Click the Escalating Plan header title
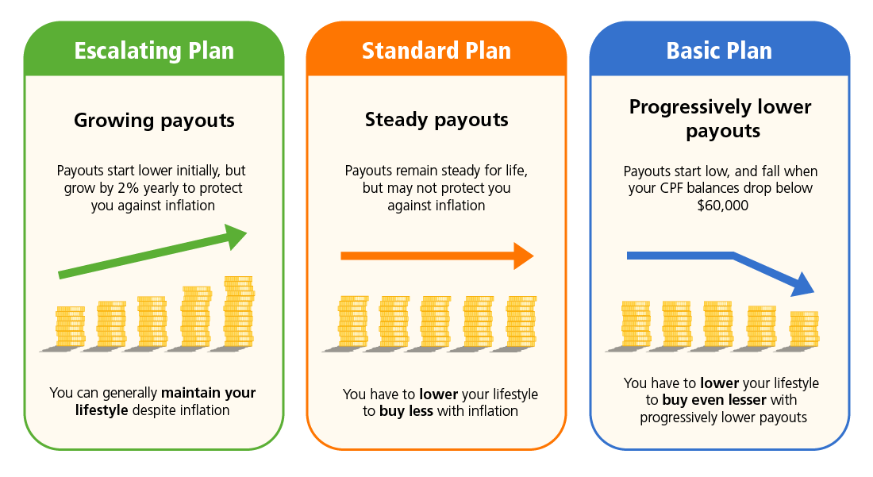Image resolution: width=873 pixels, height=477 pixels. coord(154,51)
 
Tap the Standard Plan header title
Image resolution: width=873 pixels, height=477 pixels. coord(436,51)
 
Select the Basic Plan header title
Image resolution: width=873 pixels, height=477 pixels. coord(719,51)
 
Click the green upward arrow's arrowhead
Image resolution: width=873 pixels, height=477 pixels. coord(236,236)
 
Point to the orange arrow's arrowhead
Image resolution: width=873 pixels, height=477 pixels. coord(523,256)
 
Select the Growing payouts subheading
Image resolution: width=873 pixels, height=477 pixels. coord(154,121)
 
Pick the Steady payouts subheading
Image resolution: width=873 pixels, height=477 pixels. coord(436,120)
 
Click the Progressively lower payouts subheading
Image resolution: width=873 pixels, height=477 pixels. coord(720,118)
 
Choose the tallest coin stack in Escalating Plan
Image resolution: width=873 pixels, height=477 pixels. coord(238,311)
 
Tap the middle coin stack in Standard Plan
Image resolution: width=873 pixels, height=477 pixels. coord(436,322)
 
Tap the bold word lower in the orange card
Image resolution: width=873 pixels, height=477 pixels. coord(439,394)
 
